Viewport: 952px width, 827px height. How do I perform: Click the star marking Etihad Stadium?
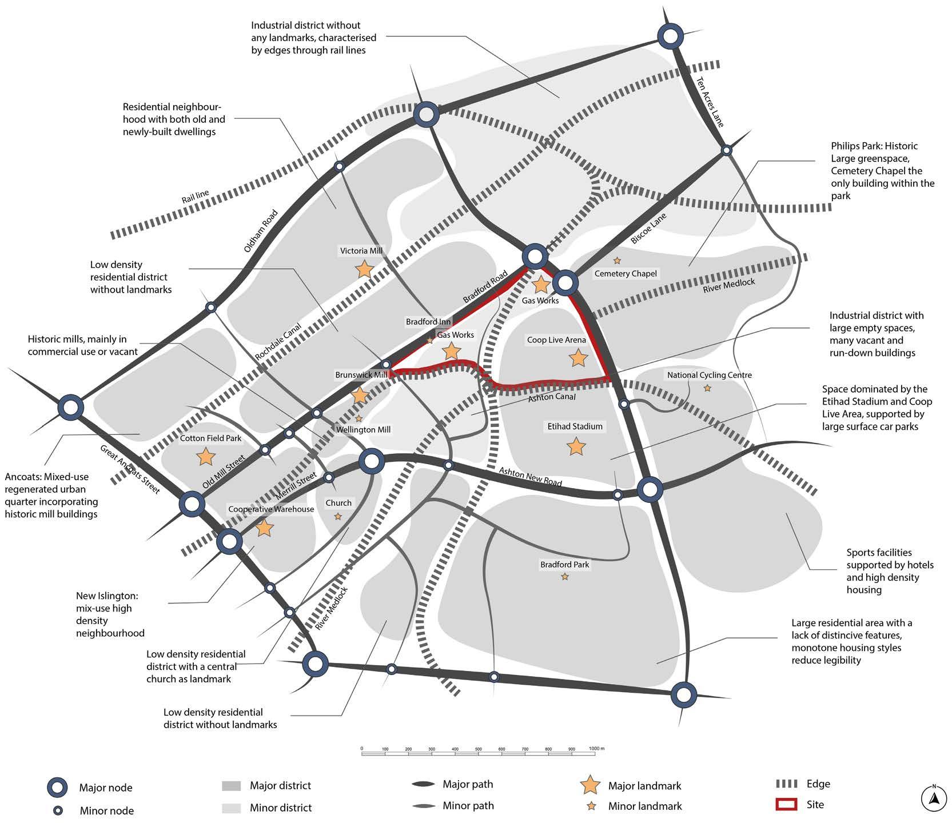[576, 446]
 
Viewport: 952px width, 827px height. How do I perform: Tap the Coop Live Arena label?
[556, 340]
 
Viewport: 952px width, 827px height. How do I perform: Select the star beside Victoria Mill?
[364, 269]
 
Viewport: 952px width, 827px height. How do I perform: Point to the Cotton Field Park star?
[205, 457]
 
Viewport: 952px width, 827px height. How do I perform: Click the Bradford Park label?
[564, 565]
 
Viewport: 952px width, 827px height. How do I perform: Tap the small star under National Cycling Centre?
[707, 389]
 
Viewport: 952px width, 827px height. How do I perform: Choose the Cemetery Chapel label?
[626, 274]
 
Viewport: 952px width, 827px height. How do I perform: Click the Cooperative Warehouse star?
[264, 528]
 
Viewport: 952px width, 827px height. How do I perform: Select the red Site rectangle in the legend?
[786, 804]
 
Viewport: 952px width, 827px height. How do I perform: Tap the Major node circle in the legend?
[57, 788]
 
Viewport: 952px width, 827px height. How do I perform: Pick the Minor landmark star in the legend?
[591, 806]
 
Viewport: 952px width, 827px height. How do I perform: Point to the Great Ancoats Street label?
[130, 469]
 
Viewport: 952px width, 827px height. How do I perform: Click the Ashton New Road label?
[530, 477]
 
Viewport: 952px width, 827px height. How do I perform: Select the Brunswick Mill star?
[360, 395]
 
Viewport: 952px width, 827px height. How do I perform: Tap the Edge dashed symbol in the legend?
[787, 784]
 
